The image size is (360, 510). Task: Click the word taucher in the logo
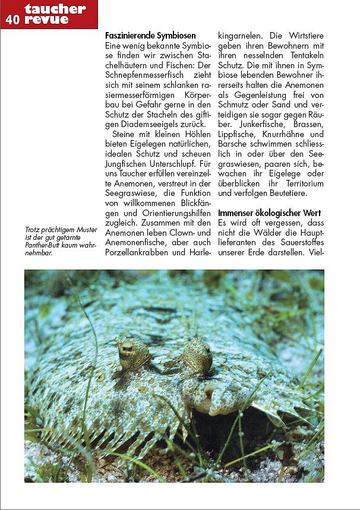tap(55, 8)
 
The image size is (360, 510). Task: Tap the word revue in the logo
tap(46, 19)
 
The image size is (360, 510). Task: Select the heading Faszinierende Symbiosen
tap(150, 36)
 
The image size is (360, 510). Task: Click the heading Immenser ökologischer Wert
tap(270, 213)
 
